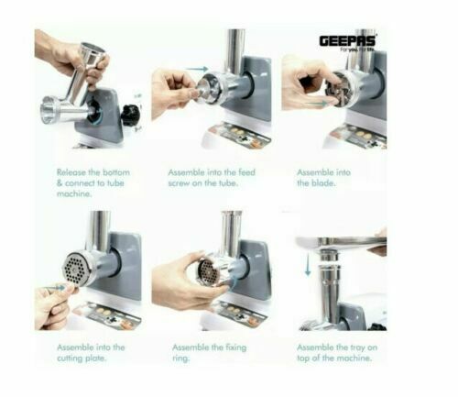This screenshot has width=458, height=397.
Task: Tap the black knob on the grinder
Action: pos(131,116)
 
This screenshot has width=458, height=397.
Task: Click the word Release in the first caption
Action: pos(74,171)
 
